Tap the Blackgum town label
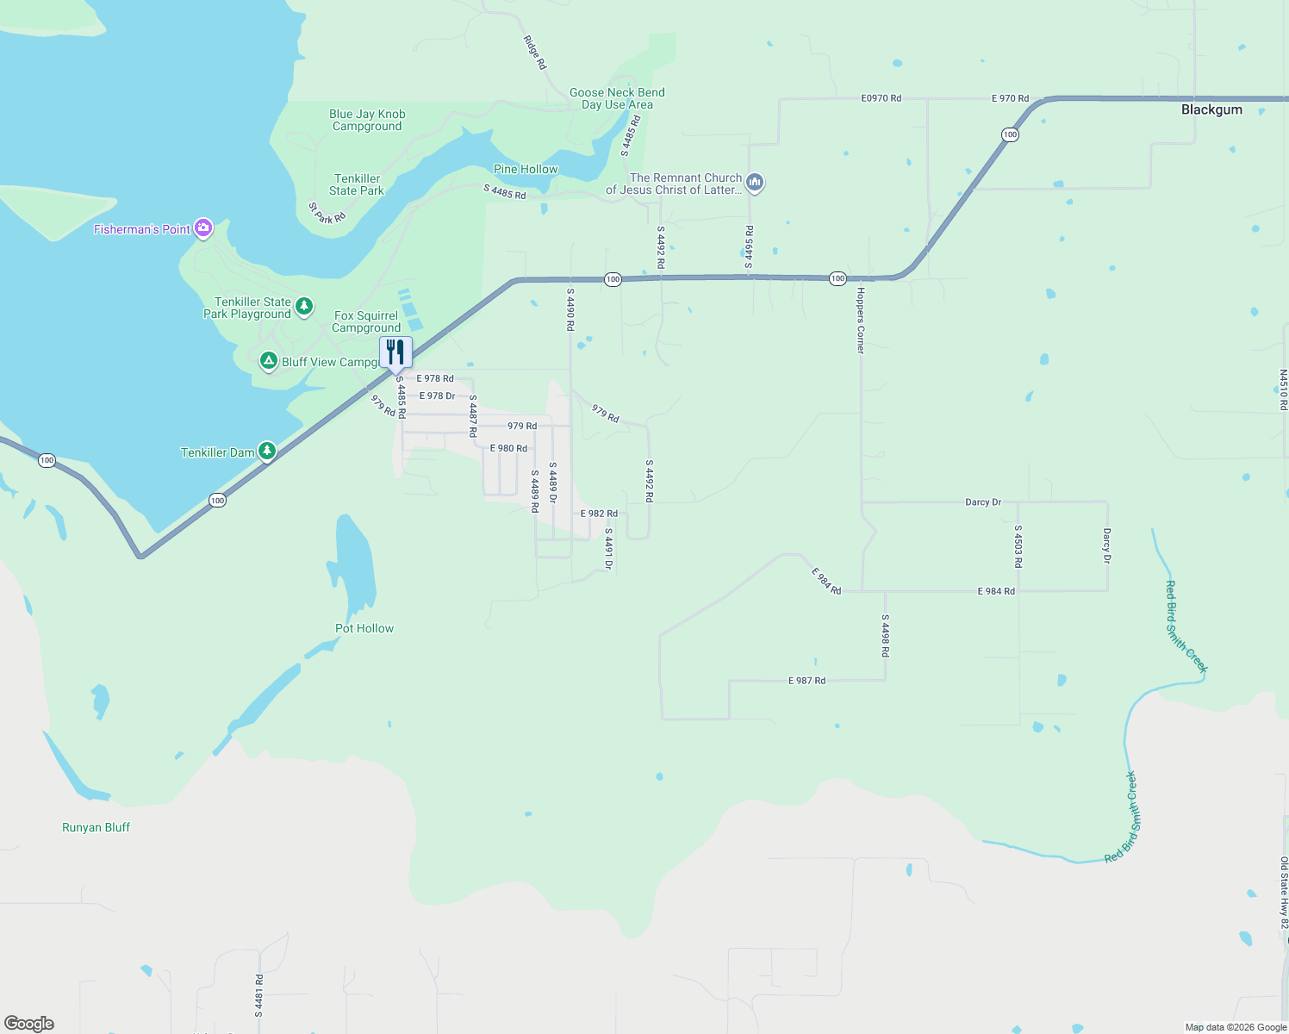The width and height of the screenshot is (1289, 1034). pyautogui.click(x=1211, y=109)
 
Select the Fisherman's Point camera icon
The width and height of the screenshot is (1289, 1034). pyautogui.click(x=203, y=228)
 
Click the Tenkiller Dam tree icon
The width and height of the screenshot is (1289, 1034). pyautogui.click(x=267, y=451)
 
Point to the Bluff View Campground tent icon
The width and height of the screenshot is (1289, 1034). pyautogui.click(x=269, y=361)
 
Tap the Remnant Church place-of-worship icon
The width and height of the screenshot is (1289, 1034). pyautogui.click(x=755, y=182)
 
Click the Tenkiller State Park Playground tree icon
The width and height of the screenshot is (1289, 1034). pyautogui.click(x=303, y=306)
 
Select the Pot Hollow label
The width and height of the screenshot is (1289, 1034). pyautogui.click(x=364, y=628)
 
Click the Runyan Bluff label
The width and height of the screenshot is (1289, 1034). pyautogui.click(x=97, y=827)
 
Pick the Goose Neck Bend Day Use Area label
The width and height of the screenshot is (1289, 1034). pyautogui.click(x=617, y=98)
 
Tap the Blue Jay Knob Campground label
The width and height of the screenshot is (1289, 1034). pyautogui.click(x=367, y=120)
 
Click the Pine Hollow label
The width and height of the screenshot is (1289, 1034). pyautogui.click(x=526, y=169)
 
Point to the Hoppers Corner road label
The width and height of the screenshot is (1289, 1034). pyautogui.click(x=860, y=321)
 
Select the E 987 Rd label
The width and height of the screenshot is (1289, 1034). pyautogui.click(x=806, y=681)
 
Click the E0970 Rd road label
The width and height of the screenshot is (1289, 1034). pyautogui.click(x=881, y=98)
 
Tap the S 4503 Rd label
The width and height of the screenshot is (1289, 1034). pyautogui.click(x=1018, y=546)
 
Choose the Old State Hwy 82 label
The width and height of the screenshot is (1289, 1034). pyautogui.click(x=1284, y=893)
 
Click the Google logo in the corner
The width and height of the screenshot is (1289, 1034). pyautogui.click(x=29, y=1023)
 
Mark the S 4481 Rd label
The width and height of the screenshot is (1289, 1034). pyautogui.click(x=258, y=995)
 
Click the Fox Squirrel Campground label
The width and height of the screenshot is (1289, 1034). pyautogui.click(x=366, y=321)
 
